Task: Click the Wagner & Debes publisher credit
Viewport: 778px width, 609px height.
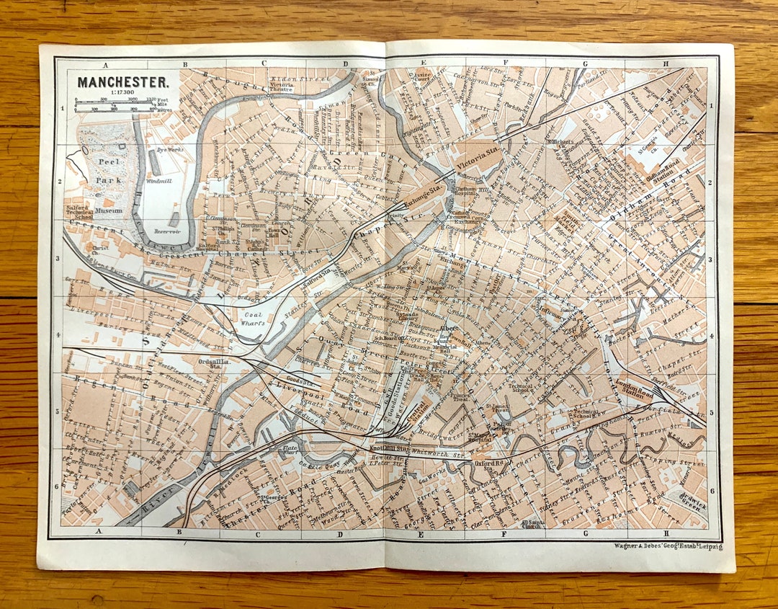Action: coord(668,546)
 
